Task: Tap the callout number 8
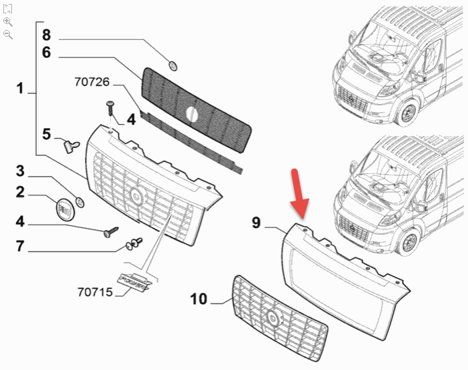(x=46, y=35)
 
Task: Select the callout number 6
(x=46, y=53)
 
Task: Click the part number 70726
(x=92, y=81)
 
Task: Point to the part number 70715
(x=95, y=292)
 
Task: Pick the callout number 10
(x=199, y=299)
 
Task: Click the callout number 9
(x=256, y=223)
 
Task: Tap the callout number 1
(x=20, y=88)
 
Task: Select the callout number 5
(x=46, y=134)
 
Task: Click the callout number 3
(x=20, y=171)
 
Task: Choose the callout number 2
(x=20, y=192)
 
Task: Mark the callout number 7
(x=20, y=246)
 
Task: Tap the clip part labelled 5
(x=71, y=146)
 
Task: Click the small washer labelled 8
(x=173, y=66)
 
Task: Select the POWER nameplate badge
(x=134, y=282)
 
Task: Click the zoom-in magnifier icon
(x=8, y=22)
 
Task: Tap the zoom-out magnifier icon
(x=8, y=34)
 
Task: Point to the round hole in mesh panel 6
(x=192, y=114)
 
